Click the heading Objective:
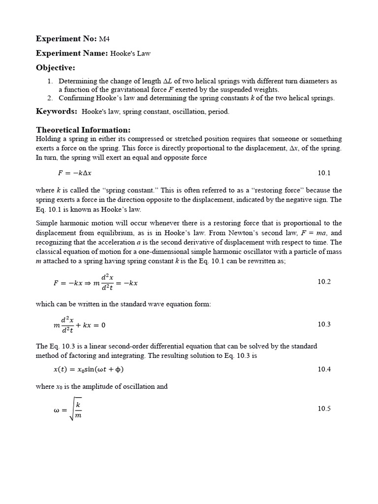(x=56, y=67)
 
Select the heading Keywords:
(x=57, y=111)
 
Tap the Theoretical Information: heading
(x=83, y=130)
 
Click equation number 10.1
(x=324, y=173)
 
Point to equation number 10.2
(x=324, y=282)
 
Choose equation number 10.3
(x=324, y=324)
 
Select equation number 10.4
(x=324, y=369)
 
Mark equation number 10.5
(x=324, y=409)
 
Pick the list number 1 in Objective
(x=50, y=81)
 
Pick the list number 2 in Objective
(x=50, y=98)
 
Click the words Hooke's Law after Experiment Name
(x=130, y=54)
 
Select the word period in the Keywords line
(x=219, y=112)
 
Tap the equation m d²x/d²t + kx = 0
(x=79, y=325)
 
